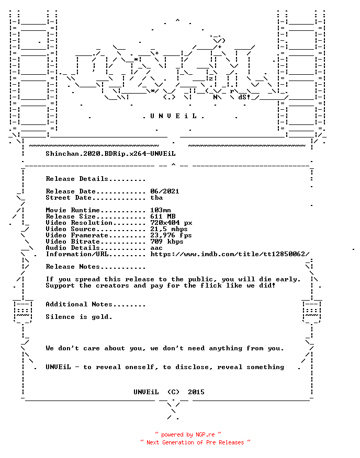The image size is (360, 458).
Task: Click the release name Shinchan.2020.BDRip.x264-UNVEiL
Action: [110, 154]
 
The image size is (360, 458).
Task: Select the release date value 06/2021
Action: [165, 191]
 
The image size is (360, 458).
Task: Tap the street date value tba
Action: [156, 198]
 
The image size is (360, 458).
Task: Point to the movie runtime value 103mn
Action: [161, 210]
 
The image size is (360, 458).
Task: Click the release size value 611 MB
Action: [163, 216]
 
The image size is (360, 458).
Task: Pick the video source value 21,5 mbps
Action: [169, 229]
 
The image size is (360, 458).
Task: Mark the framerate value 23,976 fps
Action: [171, 235]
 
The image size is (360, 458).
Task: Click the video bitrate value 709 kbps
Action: [167, 242]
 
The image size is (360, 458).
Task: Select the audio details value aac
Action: [156, 248]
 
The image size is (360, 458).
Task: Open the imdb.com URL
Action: [230, 254]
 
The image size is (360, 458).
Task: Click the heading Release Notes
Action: [73, 267]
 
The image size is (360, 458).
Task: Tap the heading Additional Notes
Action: [79, 304]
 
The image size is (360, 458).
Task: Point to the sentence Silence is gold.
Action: [79, 317]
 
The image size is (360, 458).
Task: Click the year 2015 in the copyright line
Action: [196, 392]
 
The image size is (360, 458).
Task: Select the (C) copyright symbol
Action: [173, 392]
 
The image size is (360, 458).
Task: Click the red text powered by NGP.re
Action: [188, 434]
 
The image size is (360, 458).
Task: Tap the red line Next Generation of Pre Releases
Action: [195, 442]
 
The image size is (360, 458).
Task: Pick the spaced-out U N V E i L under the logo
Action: [173, 116]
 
